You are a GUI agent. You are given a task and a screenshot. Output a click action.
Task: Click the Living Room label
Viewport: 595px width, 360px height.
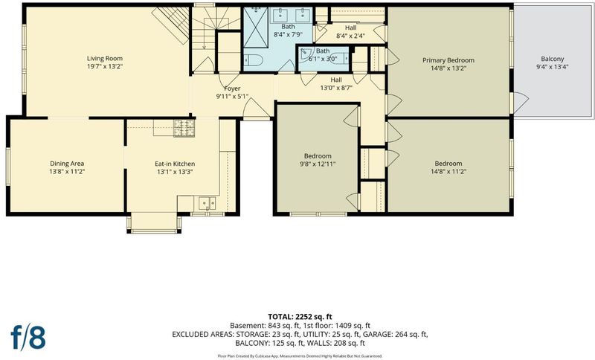click(x=105, y=59)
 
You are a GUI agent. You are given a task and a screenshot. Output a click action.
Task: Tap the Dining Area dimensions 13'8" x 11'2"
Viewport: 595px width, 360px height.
click(x=67, y=172)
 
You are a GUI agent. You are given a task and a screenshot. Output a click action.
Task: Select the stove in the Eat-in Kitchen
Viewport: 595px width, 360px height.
click(x=184, y=128)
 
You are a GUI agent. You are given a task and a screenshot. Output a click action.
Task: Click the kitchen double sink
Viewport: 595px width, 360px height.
click(x=208, y=203)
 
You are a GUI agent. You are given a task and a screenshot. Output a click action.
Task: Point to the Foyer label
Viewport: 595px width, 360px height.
click(x=232, y=89)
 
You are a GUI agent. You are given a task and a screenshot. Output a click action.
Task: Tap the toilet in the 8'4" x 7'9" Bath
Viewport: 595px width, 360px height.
click(x=251, y=60)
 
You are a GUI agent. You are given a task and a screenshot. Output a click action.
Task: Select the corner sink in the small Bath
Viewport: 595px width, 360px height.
click(x=306, y=54)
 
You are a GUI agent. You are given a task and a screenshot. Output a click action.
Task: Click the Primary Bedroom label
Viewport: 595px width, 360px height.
click(x=448, y=60)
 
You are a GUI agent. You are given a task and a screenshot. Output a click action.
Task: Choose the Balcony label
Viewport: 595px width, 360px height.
click(x=553, y=59)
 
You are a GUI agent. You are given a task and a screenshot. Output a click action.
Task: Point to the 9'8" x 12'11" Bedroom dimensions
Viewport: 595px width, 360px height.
click(x=318, y=164)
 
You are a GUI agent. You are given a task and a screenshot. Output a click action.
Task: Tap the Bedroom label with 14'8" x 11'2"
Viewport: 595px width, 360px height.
click(x=448, y=164)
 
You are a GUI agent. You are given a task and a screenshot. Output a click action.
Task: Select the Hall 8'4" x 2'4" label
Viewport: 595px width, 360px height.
click(x=350, y=31)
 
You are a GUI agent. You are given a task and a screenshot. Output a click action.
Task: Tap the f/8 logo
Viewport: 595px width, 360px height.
click(x=28, y=336)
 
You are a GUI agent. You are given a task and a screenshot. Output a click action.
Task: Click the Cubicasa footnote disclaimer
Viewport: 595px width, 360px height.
click(x=300, y=356)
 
